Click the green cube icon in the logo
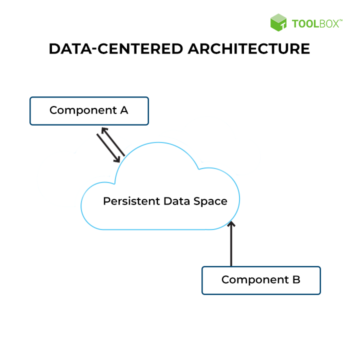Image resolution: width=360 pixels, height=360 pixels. click(278, 23)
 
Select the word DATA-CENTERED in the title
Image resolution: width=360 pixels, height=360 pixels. click(113, 49)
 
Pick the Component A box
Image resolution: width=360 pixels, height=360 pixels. click(89, 110)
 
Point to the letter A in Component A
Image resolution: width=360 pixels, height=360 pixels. click(124, 110)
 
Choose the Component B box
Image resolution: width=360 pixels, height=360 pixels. click(260, 280)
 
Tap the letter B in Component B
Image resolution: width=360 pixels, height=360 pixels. click(296, 279)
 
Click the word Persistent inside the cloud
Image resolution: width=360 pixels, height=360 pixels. click(131, 201)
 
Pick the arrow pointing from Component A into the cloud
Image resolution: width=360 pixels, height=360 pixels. click(107, 147)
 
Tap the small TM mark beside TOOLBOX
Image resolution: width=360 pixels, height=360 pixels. click(341, 20)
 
